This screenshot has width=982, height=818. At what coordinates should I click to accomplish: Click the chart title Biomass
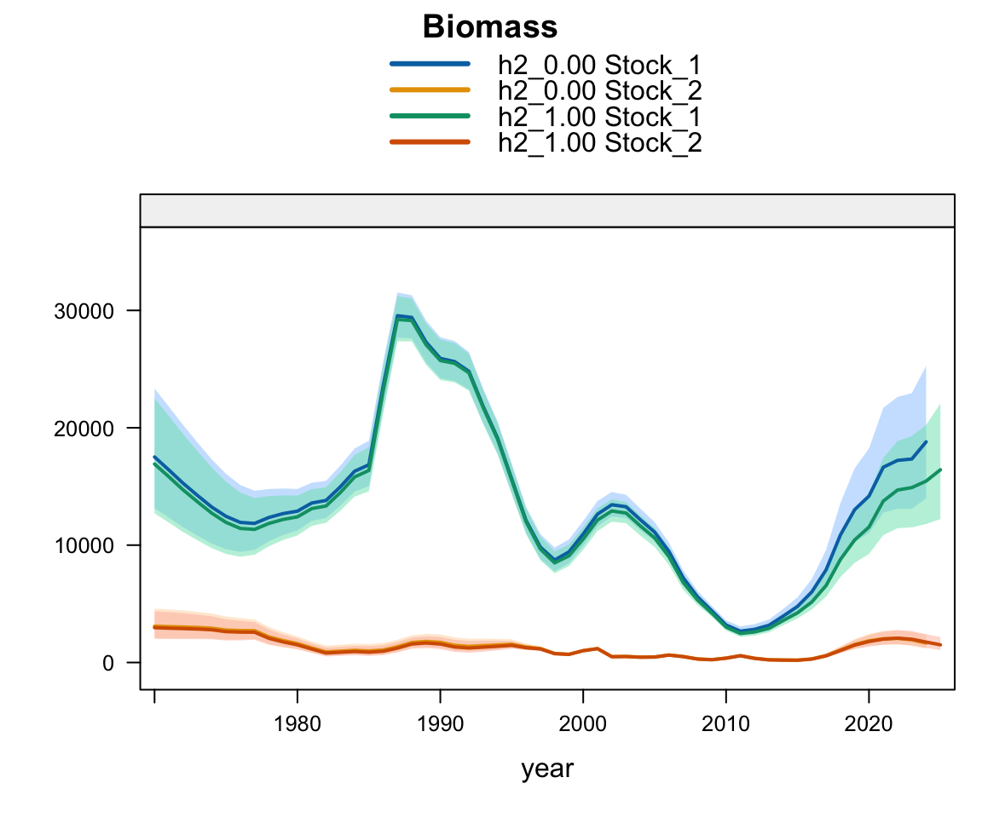point(490,27)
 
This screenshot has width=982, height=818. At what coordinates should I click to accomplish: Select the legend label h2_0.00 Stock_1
point(599,65)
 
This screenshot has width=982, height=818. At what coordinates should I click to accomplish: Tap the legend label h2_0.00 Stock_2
point(599,91)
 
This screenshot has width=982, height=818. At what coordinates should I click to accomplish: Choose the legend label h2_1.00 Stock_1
point(599,117)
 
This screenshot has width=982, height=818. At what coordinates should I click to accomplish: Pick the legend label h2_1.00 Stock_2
point(599,142)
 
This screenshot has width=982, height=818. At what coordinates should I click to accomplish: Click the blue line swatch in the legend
point(430,64)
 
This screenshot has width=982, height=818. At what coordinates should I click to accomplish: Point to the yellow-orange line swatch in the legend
point(430,89)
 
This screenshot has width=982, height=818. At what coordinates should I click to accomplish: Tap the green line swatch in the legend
point(430,116)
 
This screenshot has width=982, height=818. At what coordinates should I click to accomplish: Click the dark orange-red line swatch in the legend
point(430,141)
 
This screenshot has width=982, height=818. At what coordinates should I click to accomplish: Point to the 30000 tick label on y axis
point(84,311)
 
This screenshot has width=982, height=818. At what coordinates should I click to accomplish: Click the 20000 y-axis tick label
point(84,429)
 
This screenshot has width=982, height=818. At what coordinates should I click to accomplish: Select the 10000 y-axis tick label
point(84,545)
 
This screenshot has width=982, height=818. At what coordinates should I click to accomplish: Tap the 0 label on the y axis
point(108,664)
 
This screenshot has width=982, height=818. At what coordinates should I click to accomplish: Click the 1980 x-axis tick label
point(297,724)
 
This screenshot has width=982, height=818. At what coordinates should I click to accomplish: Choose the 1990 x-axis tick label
point(440,724)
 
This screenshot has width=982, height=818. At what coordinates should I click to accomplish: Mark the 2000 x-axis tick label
point(582,724)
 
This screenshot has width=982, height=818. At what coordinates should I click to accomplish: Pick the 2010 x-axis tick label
point(725,724)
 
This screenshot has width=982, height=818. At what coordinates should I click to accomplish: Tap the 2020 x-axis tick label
point(868,724)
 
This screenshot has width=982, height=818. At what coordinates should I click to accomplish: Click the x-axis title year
point(546,769)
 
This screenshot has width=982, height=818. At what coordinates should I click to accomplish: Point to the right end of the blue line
point(926,442)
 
